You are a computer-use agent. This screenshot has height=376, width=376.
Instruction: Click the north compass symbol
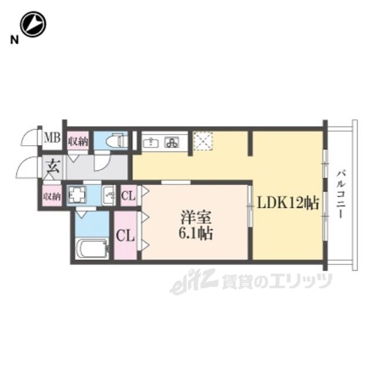33,24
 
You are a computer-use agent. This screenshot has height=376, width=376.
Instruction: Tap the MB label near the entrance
52,139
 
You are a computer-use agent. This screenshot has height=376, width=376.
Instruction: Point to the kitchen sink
150,143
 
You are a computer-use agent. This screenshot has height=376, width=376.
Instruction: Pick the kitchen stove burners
172,143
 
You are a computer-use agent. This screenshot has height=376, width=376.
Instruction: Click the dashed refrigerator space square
203,141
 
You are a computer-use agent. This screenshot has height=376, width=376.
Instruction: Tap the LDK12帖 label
288,204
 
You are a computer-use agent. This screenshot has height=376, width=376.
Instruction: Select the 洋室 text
196,218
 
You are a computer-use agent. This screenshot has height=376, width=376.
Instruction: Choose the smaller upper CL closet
128,196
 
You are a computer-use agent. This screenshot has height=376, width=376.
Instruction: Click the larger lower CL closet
125,235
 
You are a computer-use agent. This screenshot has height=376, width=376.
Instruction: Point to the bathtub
92,249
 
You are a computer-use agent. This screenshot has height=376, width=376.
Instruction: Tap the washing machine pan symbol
77,194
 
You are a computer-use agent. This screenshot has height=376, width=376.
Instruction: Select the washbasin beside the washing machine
109,196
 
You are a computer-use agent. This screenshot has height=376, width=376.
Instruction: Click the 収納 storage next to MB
78,141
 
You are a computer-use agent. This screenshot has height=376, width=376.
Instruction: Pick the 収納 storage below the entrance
52,196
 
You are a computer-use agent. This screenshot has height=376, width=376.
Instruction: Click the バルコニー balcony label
341,194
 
